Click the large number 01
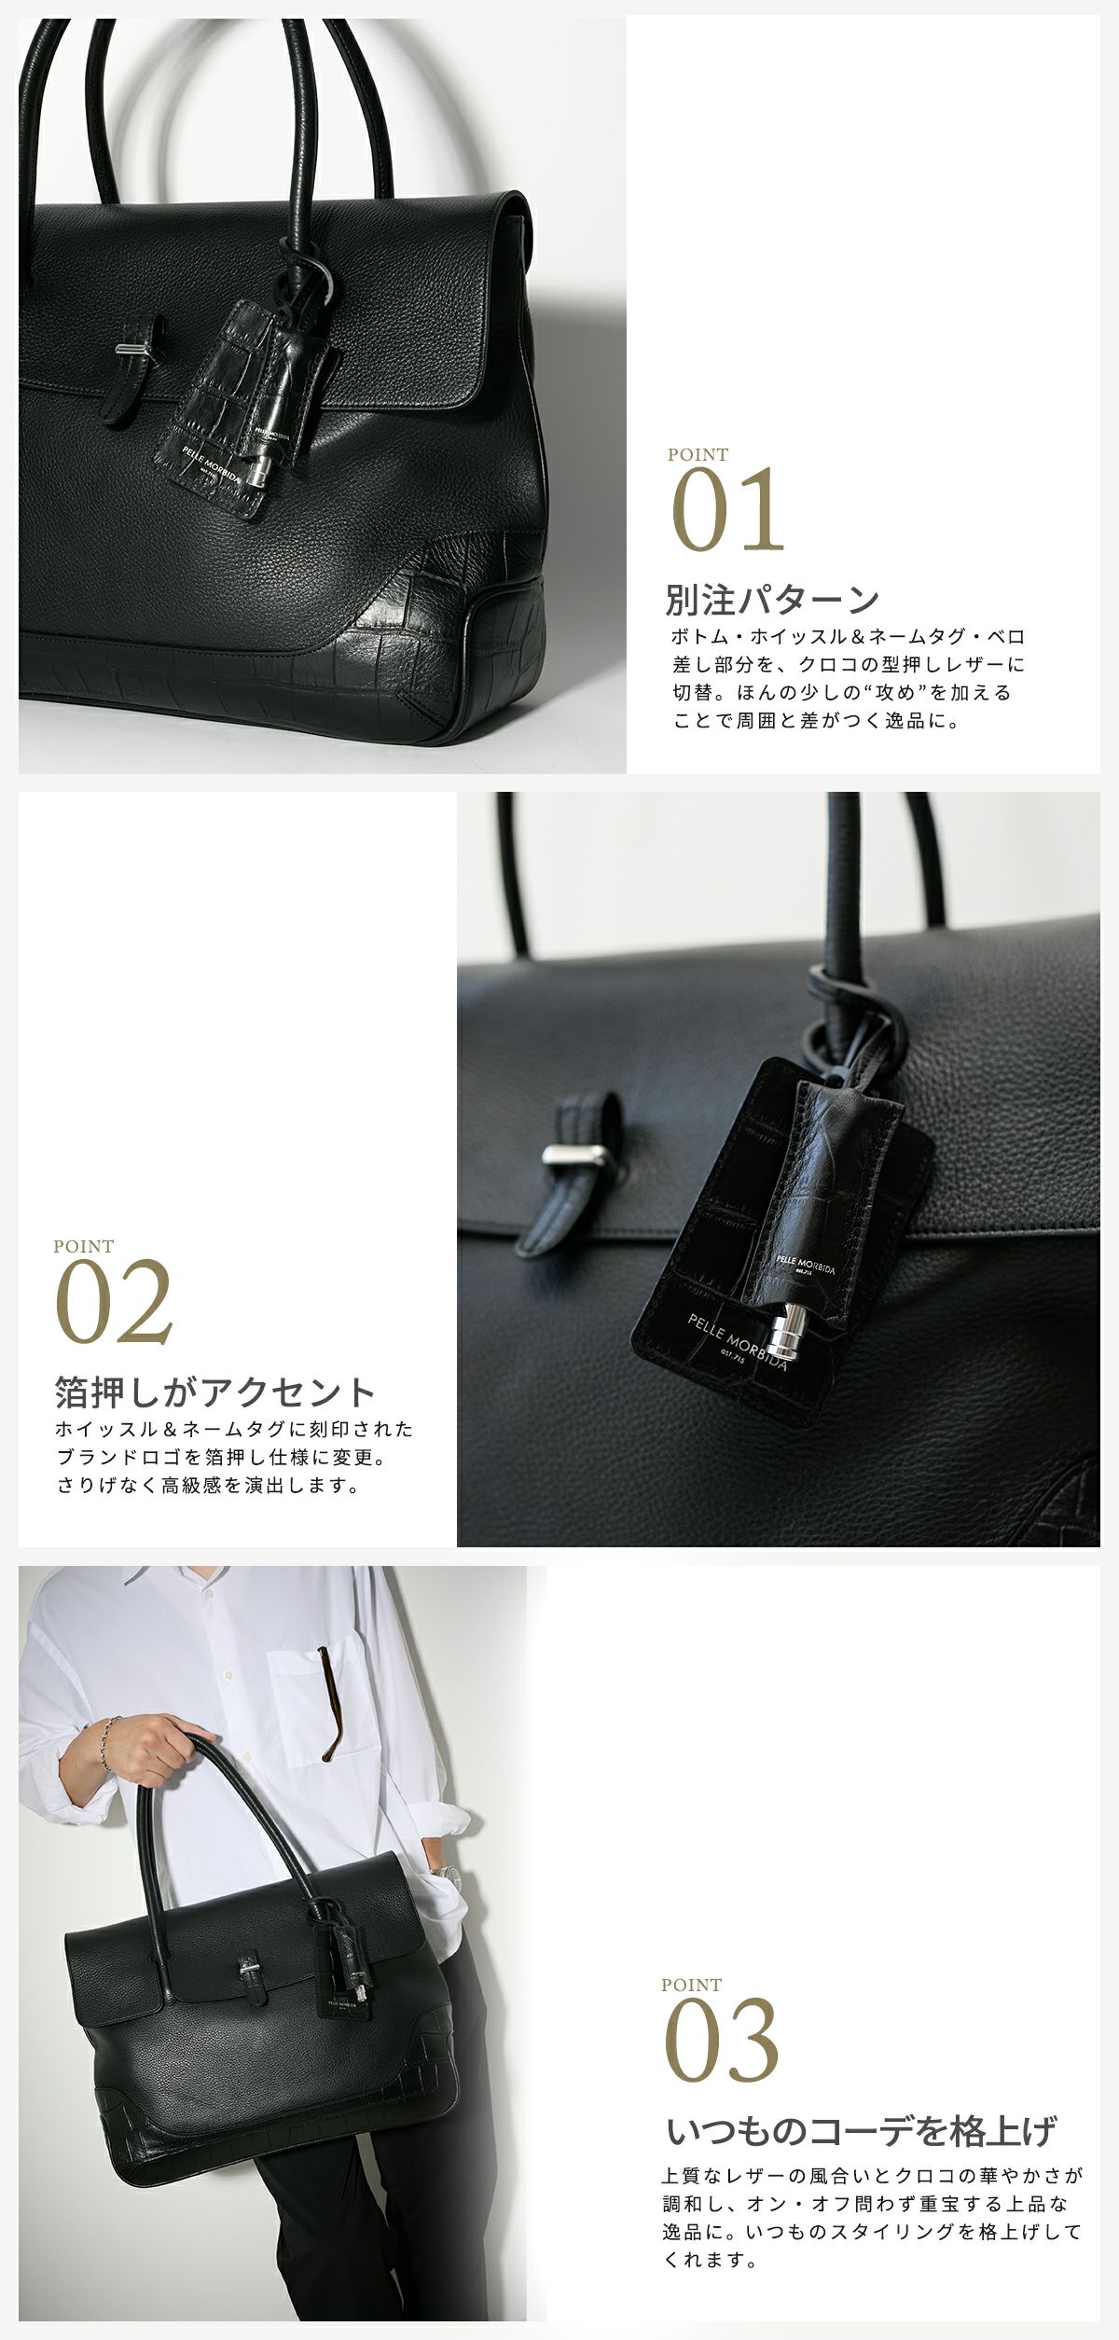point(728,510)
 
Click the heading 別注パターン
point(772,600)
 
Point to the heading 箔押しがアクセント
point(215,1392)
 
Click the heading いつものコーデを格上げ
point(862,2131)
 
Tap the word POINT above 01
point(698,455)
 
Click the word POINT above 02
point(84,1246)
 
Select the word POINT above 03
point(691,1986)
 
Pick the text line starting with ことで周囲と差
point(816,721)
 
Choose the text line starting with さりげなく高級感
point(209,1486)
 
